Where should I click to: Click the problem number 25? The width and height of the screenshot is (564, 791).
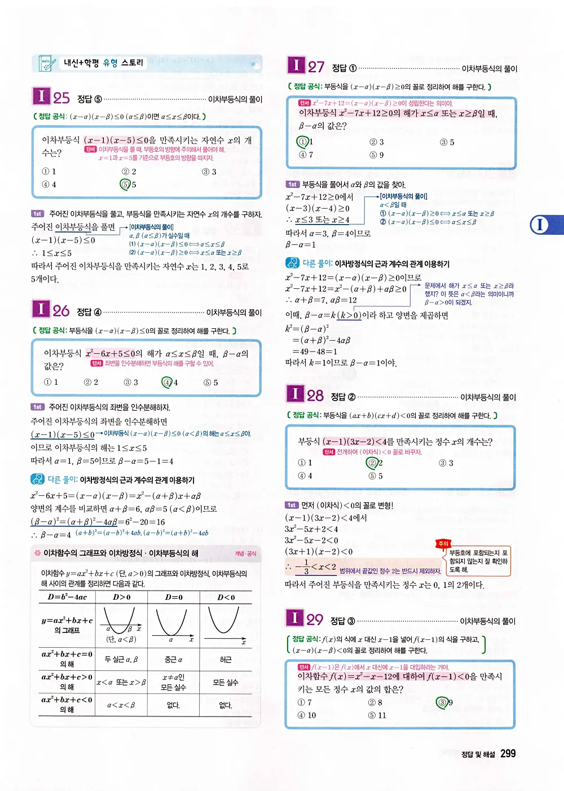(61, 98)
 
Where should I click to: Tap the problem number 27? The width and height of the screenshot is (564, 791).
(316, 67)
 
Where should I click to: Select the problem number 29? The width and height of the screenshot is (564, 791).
(315, 619)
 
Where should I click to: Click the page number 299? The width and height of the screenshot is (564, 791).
(508, 754)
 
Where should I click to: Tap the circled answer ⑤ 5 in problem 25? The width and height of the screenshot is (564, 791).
(126, 184)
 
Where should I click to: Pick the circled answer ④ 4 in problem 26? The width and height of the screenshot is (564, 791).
(168, 382)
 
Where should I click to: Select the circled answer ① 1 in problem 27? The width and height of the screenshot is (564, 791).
(303, 142)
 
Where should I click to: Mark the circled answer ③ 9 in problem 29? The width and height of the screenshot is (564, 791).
(443, 702)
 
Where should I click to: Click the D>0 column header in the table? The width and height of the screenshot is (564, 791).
(122, 597)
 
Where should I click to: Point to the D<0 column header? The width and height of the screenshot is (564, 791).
(226, 597)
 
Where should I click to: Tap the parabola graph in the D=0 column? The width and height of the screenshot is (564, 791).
(173, 622)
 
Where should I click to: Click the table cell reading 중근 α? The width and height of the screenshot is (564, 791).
(173, 660)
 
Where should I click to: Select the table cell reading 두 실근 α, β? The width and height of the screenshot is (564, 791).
(121, 660)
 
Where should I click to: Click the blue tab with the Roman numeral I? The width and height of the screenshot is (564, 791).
(540, 225)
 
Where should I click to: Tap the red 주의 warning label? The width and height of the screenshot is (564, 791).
(443, 543)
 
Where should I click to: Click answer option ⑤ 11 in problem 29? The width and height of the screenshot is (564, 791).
(377, 715)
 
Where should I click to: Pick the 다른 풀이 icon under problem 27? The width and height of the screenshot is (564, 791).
(292, 263)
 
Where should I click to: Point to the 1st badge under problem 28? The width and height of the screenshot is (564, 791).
(292, 505)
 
